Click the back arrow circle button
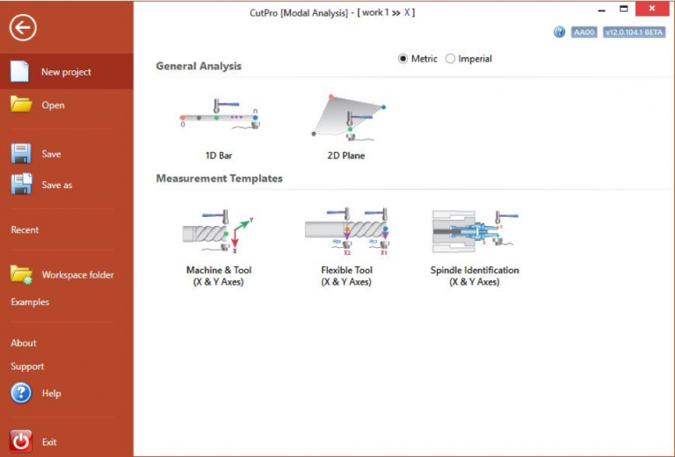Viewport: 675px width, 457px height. pos(23,27)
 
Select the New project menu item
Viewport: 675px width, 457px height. pos(66,72)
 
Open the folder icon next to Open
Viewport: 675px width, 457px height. pos(21,105)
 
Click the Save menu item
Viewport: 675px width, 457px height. pos(51,154)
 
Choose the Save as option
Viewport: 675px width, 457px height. pos(56,185)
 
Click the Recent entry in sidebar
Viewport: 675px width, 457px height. pos(25,230)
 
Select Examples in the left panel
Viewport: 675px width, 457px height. pos(30,302)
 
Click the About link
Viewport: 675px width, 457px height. pos(24,344)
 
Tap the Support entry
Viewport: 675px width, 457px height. pos(27,366)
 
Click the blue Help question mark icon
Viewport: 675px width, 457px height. pos(21,393)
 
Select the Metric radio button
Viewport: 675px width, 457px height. pos(403,59)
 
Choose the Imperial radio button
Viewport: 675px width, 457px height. pos(451,59)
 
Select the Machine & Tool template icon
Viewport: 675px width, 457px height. pos(219,231)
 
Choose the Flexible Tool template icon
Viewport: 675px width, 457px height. pos(346,231)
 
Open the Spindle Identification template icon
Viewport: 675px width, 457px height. pos(475,231)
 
